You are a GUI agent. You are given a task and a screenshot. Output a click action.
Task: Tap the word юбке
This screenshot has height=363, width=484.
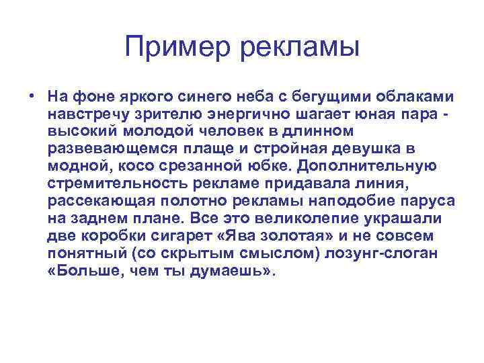pos(272,165)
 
